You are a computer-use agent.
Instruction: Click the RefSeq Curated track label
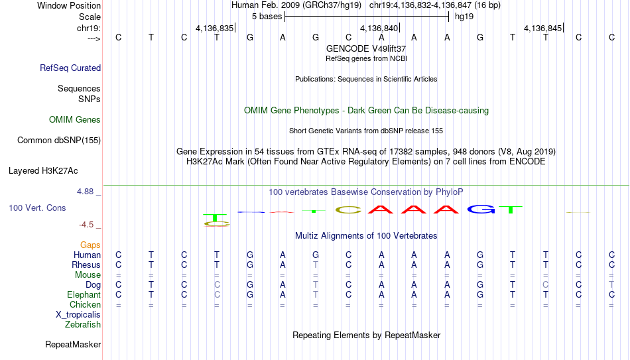[70, 68]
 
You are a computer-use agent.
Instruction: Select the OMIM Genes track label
[75, 120]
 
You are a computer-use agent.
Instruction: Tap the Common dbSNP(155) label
[59, 141]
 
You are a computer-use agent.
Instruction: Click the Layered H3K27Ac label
[43, 171]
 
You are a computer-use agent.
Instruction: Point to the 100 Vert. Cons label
[37, 208]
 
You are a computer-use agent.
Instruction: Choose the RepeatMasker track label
[73, 344]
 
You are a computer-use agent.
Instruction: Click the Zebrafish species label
[83, 324]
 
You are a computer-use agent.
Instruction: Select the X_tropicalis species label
[78, 315]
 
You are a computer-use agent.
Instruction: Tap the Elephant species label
[84, 294]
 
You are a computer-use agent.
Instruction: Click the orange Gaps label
[90, 245]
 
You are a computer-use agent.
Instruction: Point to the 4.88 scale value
[85, 192]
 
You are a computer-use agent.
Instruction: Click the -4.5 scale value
[86, 225]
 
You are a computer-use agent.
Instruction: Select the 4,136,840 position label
[379, 28]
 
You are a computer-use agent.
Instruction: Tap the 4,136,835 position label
[215, 28]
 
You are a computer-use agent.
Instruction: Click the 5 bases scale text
[267, 17]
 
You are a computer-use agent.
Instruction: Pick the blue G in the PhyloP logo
[481, 209]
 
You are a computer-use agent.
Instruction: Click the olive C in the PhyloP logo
[348, 210]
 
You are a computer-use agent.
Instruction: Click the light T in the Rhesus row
[316, 265]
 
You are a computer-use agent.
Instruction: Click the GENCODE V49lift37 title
[366, 48]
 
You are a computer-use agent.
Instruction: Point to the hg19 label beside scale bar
[464, 17]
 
